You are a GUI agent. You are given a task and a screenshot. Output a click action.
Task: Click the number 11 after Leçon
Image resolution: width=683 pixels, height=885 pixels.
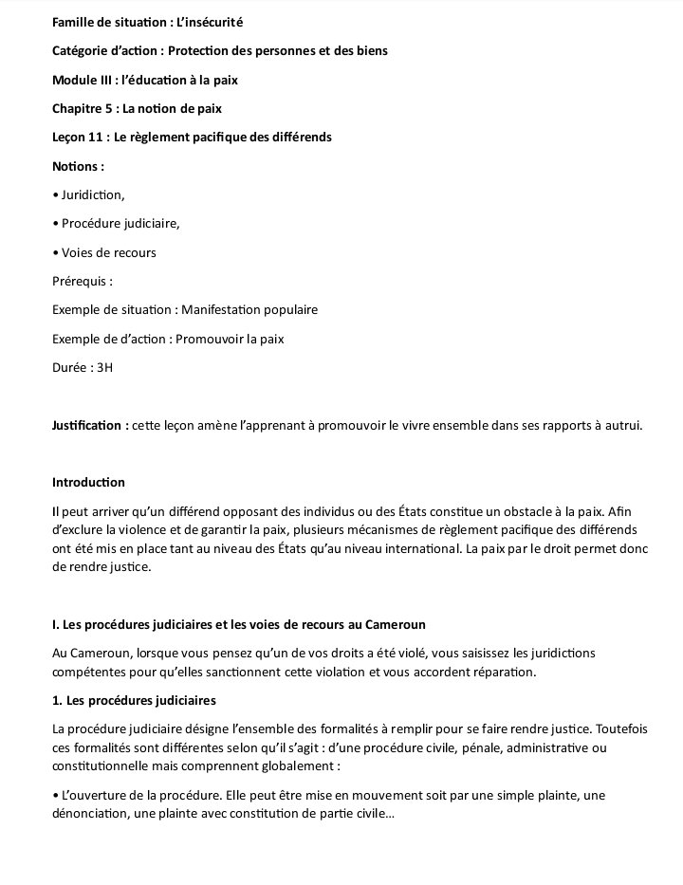click(x=97, y=138)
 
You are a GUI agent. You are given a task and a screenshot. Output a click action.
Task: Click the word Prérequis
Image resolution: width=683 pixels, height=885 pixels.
click(x=83, y=281)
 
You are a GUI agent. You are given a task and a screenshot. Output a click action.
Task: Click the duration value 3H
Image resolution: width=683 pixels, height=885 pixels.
click(x=104, y=367)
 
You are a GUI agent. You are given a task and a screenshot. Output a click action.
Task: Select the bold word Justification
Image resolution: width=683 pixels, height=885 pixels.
click(x=90, y=425)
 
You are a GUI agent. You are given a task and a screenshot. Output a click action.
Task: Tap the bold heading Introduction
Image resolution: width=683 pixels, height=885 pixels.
click(x=88, y=483)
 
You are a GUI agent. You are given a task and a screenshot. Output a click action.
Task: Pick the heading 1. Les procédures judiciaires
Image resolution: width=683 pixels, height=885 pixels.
click(x=134, y=701)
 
